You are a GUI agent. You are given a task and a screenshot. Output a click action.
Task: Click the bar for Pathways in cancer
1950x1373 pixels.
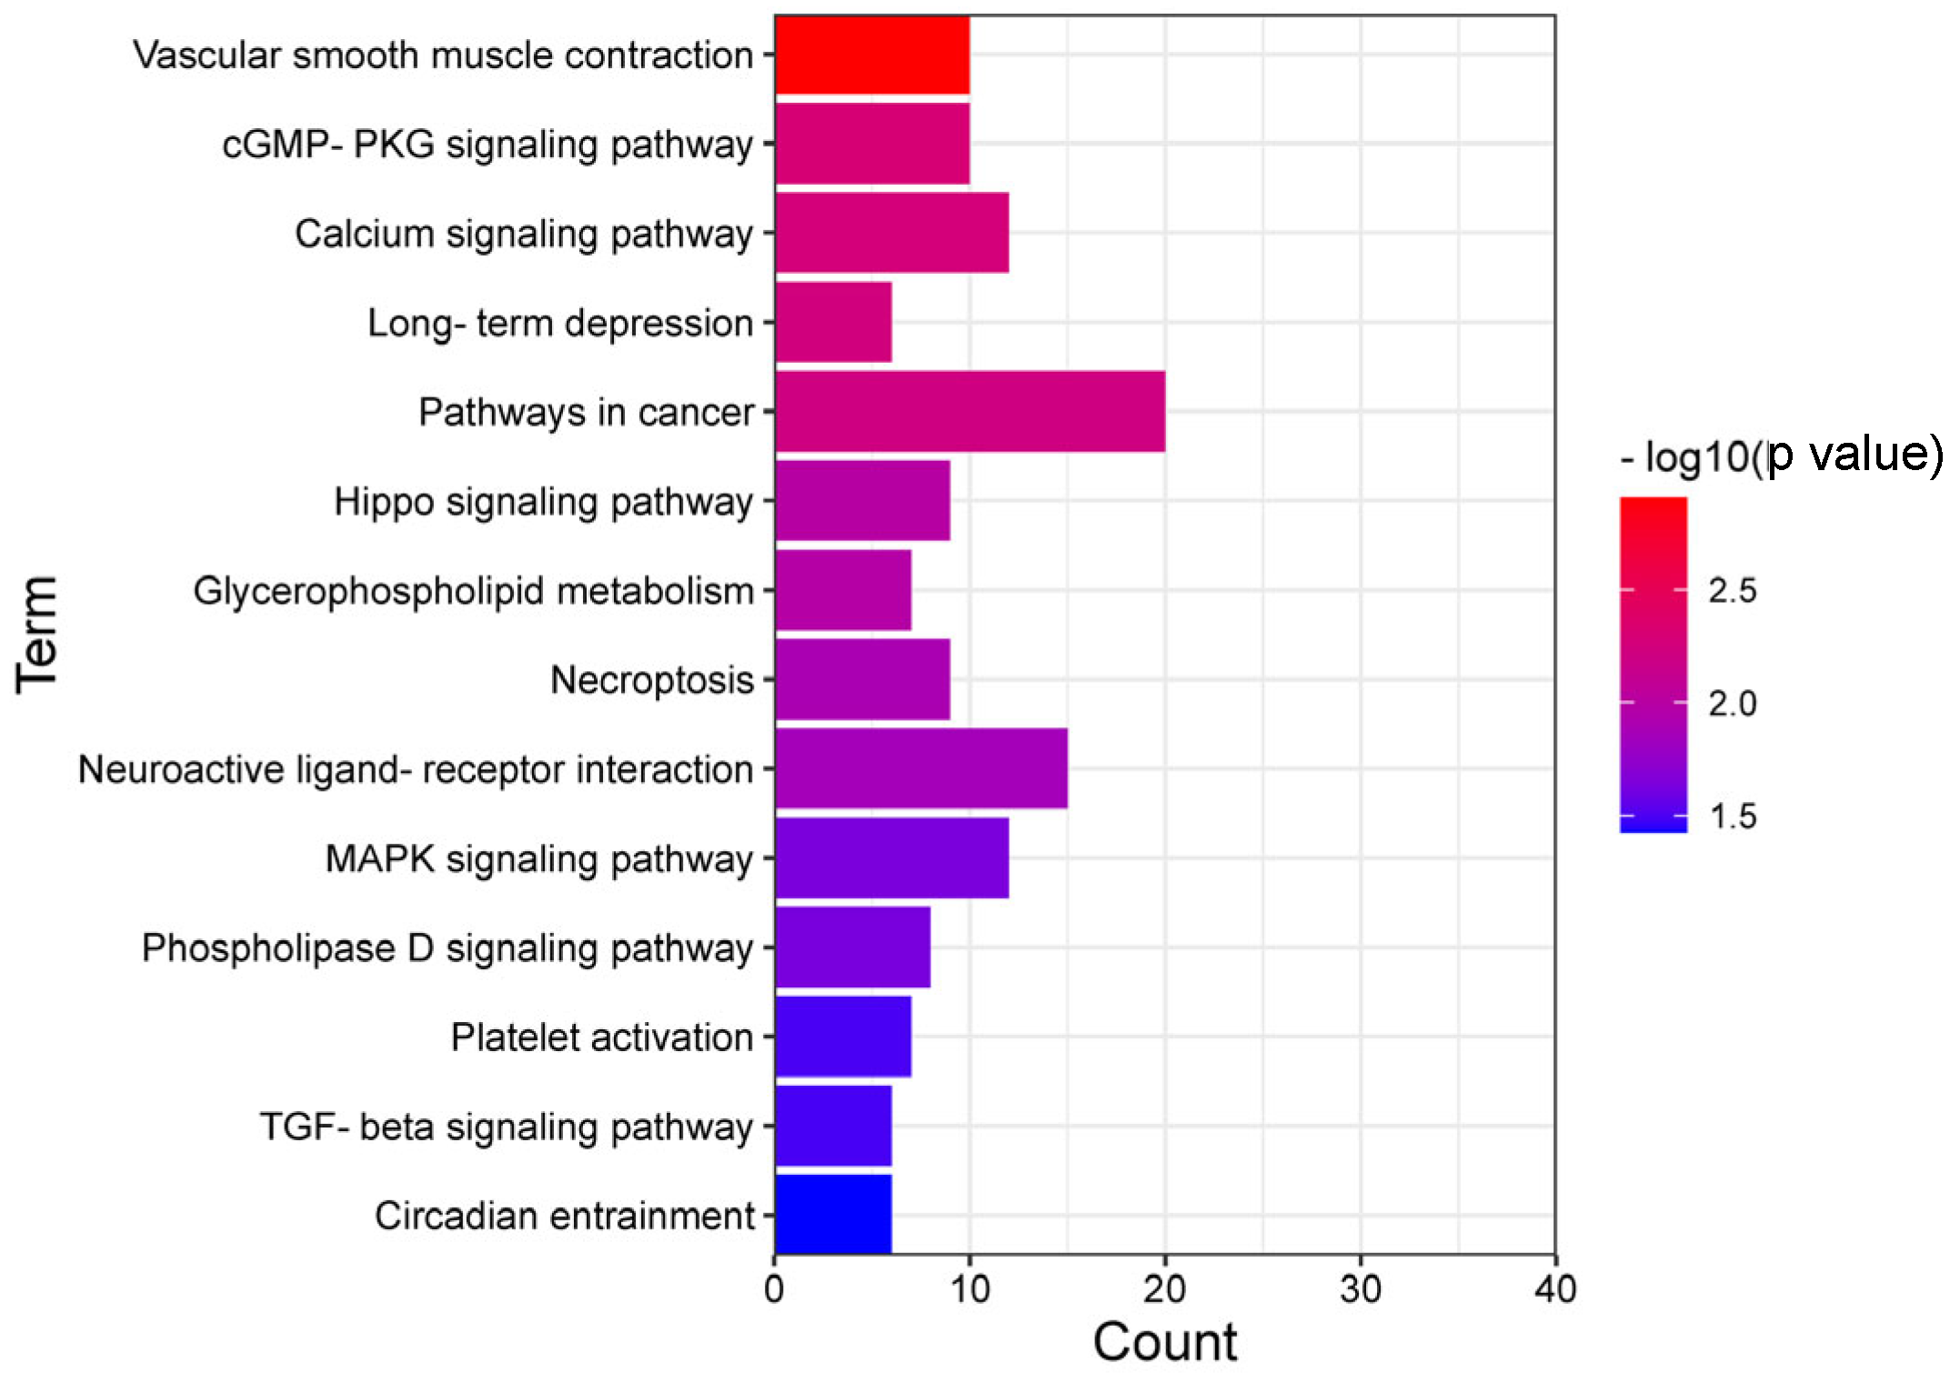(970, 411)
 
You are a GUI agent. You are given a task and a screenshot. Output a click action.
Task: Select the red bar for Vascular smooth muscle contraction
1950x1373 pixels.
(871, 55)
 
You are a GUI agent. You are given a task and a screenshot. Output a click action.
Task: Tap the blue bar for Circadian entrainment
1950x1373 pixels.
(832, 1215)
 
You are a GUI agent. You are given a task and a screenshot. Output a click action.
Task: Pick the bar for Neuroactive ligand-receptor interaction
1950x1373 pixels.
(920, 768)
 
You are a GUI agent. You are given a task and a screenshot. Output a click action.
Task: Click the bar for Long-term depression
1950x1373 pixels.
(832, 322)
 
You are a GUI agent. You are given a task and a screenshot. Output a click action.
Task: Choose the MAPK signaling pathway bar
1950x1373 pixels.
(891, 857)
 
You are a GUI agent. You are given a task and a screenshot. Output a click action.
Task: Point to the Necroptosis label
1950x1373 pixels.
(651, 680)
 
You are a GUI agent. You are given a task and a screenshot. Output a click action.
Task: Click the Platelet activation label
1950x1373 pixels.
(601, 1037)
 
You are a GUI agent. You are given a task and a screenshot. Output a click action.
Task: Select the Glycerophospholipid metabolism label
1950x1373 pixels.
(473, 591)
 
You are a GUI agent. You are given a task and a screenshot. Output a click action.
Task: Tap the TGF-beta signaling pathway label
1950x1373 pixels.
(506, 1127)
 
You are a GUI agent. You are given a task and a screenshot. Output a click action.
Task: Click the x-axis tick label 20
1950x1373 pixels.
(1164, 1289)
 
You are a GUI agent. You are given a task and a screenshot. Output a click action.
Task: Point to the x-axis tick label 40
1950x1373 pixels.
(1554, 1289)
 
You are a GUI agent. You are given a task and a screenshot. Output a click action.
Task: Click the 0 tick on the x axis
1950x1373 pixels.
(774, 1289)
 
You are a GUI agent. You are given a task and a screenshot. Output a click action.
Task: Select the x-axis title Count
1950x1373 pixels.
(1164, 1341)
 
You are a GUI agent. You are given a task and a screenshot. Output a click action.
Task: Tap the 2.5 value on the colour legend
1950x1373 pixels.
(1732, 591)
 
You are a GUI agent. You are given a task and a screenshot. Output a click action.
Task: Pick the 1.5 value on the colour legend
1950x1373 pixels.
(1732, 816)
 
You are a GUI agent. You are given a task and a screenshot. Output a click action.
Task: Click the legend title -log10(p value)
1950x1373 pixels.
(1781, 455)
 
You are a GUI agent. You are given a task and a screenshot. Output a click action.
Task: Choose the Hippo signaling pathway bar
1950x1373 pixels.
(862, 500)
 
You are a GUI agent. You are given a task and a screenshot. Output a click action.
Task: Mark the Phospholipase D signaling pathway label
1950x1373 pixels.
(447, 948)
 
